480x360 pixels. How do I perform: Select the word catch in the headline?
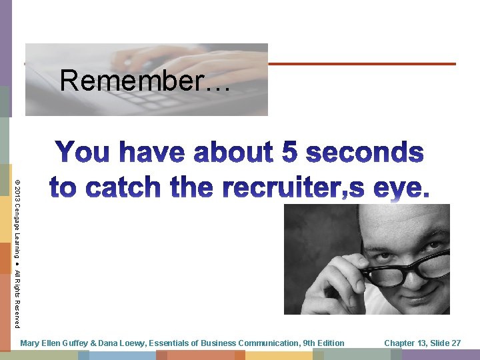click(127, 187)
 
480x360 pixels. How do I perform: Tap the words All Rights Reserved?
click(17, 299)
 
